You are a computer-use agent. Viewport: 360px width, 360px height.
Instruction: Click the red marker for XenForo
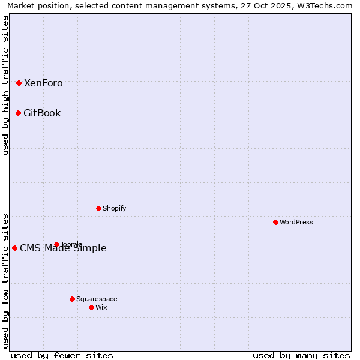tap(19, 83)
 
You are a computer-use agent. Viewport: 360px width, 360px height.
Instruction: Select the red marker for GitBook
tap(19, 113)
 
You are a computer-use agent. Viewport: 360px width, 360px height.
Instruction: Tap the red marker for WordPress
tap(276, 222)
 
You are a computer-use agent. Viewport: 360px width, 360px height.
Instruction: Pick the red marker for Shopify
tap(99, 208)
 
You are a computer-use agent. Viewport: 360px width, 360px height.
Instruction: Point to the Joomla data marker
tap(57, 244)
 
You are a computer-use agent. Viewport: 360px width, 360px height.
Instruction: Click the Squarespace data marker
tap(73, 299)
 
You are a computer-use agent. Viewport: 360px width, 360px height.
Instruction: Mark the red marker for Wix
tap(92, 307)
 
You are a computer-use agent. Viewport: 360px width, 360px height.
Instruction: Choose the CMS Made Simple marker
tap(15, 248)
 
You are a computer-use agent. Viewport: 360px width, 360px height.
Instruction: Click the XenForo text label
tap(43, 83)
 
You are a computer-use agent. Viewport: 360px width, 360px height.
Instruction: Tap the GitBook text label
tap(42, 113)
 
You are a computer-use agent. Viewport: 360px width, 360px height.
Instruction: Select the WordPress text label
tap(296, 223)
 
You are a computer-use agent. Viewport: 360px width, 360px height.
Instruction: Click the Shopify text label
tap(115, 209)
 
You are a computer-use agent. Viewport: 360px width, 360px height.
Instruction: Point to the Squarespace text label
tap(97, 299)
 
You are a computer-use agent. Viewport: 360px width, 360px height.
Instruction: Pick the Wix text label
tap(101, 308)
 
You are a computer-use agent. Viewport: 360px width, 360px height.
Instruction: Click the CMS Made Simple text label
tap(63, 248)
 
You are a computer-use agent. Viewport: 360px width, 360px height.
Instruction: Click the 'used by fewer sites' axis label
tap(62, 355)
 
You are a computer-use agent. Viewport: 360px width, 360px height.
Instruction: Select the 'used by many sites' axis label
tap(301, 355)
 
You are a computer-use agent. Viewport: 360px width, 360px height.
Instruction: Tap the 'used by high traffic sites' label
tap(6, 85)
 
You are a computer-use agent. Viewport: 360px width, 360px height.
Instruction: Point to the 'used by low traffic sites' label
tap(6, 281)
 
